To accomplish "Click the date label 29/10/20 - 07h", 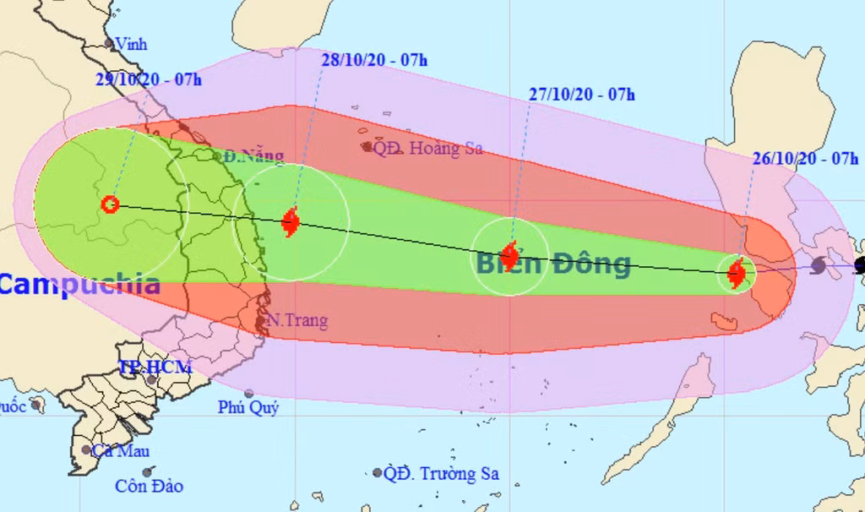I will [x=148, y=80].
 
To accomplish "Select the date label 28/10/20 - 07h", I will [x=375, y=59].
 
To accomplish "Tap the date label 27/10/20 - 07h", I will [x=582, y=95].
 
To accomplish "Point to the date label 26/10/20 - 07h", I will [x=805, y=158].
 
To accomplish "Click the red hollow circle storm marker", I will [x=109, y=204].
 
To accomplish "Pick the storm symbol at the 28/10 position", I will [x=291, y=222].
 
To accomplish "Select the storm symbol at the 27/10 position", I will [x=509, y=254].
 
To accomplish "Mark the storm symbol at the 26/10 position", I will [x=737, y=273].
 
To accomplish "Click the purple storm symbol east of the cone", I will [x=818, y=266].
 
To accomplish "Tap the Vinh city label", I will [x=130, y=43].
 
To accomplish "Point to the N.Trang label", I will [x=296, y=321].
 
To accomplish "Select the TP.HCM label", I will [x=155, y=367].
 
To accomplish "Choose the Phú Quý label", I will [x=248, y=407].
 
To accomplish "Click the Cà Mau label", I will [x=121, y=450].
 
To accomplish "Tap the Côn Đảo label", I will [x=149, y=486].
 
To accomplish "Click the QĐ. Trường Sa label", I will [x=441, y=473].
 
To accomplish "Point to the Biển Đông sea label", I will [x=553, y=264].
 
